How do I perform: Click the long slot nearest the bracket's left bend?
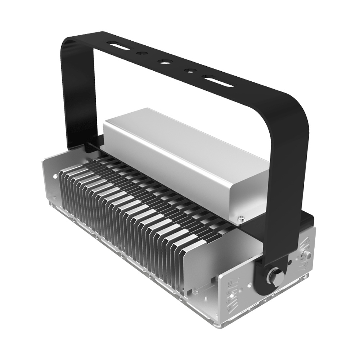pos(118,47)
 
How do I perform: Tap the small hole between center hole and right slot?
pos(189,70)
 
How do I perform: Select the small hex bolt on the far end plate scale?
pos(307,255)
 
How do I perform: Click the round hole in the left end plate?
pos(55,177)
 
